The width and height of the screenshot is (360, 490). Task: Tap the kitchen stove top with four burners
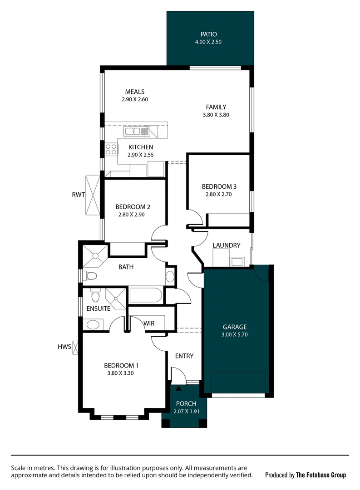(x=111, y=149)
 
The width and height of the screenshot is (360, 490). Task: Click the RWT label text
(x=79, y=195)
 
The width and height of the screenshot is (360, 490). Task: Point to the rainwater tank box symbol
(x=93, y=195)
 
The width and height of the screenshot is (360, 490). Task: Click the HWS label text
(x=64, y=347)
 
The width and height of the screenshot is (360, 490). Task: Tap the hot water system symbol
(x=76, y=347)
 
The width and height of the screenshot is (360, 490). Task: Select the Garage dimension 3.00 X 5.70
(x=235, y=335)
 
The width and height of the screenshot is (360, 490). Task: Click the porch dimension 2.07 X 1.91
(x=186, y=412)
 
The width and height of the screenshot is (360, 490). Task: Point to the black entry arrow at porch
(x=178, y=388)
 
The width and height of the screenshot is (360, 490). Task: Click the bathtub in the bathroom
(x=145, y=295)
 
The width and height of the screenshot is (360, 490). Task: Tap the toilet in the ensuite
(x=95, y=296)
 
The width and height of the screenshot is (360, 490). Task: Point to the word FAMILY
(x=216, y=107)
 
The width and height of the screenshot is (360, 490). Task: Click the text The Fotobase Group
(x=321, y=475)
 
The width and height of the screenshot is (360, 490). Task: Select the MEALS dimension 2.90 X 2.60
(x=135, y=99)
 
